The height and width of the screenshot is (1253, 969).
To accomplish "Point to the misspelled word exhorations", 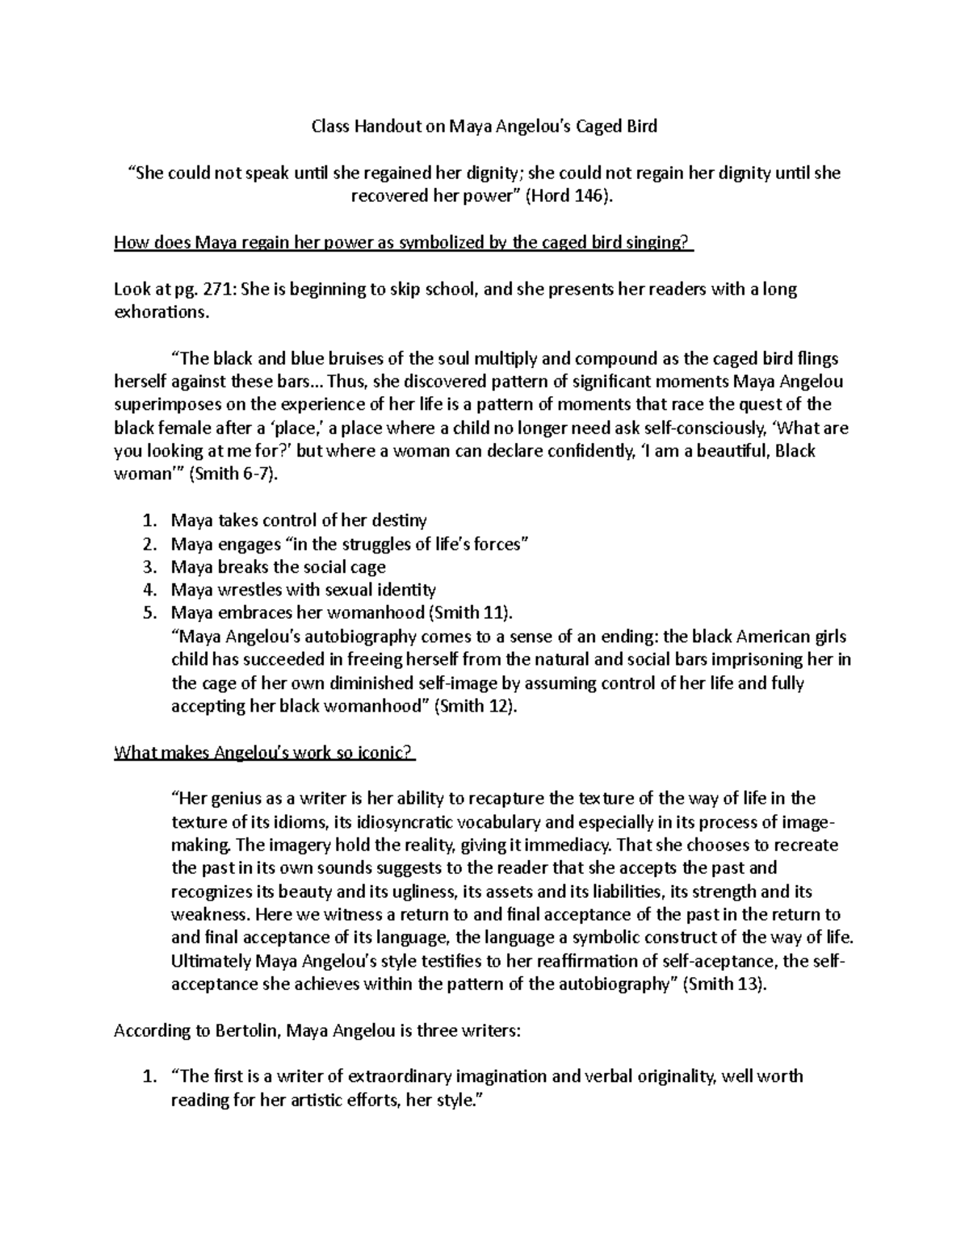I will [x=161, y=312].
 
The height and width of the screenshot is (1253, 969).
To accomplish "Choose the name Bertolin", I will [x=247, y=1031].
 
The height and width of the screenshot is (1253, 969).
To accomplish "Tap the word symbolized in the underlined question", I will [x=443, y=243].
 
